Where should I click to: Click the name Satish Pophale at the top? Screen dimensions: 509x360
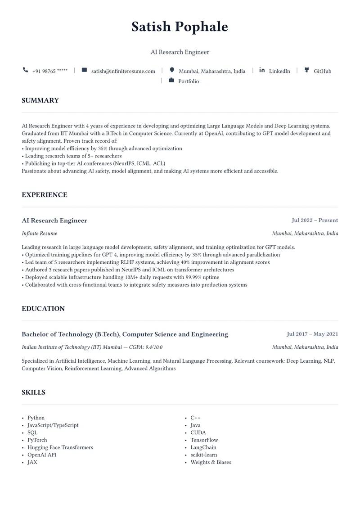180,27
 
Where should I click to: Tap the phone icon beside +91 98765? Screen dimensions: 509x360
25,70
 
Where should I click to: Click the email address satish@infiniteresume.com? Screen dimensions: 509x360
123,71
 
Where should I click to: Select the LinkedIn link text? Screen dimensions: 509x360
279,71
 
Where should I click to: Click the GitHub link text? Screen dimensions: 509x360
322,71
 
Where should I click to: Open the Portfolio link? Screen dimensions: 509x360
188,81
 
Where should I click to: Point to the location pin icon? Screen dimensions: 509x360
172,70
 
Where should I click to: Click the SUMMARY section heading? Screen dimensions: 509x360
40,100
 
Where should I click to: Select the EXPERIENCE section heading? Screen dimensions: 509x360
45,195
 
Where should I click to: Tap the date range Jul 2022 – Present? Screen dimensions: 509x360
315,221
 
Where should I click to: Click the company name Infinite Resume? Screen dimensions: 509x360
40,234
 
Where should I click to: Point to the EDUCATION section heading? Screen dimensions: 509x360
43,309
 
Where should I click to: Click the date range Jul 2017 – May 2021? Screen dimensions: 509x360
312,334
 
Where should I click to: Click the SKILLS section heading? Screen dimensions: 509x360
33,392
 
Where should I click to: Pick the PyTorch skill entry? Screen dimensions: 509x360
37,440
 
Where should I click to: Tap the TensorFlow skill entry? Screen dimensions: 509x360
204,440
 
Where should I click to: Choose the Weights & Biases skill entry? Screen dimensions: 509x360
211,462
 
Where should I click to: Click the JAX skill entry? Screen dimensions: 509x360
32,462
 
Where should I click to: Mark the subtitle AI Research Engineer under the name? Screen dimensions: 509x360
180,52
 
